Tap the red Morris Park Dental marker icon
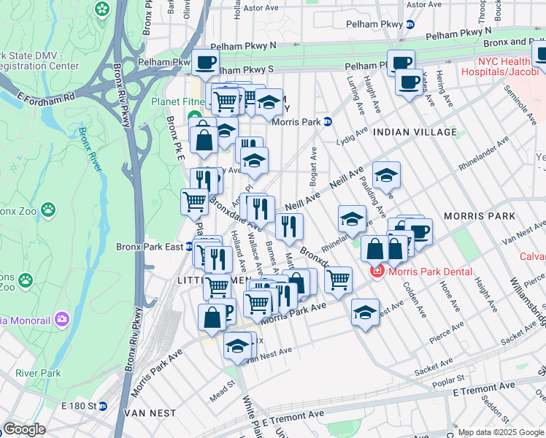coord(377,272)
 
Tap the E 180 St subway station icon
coord(103,406)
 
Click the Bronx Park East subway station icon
coord(190,247)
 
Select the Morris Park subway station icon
coord(328,122)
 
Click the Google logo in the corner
coord(24,429)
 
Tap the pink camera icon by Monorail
coord(61,318)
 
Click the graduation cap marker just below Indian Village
coord(386,175)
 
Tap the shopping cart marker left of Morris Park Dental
coord(337,279)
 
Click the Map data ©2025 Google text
coord(500,432)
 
